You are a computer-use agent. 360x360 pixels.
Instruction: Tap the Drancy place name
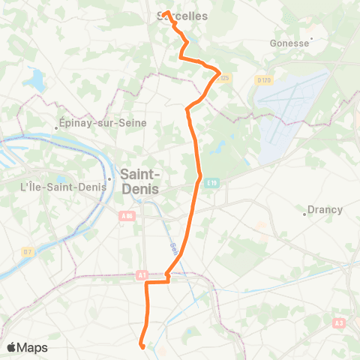point(325,210)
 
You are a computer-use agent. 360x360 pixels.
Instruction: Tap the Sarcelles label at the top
point(183,16)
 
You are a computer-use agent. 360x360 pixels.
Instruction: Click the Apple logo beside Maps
point(12,347)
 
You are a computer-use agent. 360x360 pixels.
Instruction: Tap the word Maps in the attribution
point(34,348)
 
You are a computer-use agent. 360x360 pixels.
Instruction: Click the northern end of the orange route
point(165,13)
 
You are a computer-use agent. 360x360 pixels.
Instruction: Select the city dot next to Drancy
point(304,214)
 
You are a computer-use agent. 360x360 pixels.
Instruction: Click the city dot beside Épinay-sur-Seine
point(58,127)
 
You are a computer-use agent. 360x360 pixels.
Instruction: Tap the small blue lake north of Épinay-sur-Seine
point(35,77)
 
